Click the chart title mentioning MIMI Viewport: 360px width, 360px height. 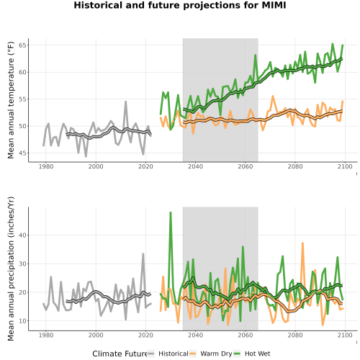point(180,5)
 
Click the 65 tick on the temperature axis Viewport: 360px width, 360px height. point(22,45)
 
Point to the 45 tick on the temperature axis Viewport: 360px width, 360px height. point(22,153)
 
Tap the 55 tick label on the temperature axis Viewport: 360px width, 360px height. point(22,99)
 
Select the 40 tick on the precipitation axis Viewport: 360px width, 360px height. point(22,235)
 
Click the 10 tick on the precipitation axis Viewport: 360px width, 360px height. point(22,321)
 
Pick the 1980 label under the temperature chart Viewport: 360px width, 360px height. point(46,166)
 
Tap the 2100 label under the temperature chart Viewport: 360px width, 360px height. point(345,166)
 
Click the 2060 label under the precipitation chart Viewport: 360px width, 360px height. point(246,335)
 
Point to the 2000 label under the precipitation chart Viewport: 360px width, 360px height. point(96,335)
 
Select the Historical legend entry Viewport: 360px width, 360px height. point(168,354)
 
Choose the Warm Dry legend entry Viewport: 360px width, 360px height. point(211,354)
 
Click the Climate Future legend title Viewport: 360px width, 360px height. point(120,354)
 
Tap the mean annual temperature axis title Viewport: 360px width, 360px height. point(11,100)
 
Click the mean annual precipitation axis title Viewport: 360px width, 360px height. point(11,269)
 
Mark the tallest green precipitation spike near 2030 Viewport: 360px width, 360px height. point(171,212)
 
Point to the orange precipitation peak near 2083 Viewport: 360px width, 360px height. point(302,243)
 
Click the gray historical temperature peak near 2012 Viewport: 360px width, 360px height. point(125,102)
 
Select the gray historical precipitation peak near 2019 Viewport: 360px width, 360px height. point(143,254)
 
